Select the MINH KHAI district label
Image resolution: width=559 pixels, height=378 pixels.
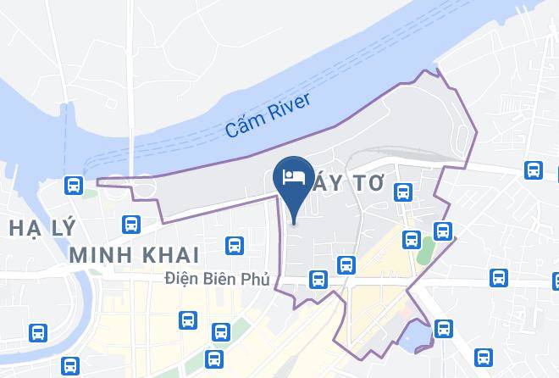click(x=134, y=254)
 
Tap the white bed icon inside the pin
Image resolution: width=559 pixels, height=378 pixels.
click(x=293, y=176)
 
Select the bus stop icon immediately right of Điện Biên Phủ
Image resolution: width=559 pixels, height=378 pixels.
click(x=318, y=277)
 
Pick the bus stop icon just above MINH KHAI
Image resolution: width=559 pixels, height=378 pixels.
click(x=131, y=224)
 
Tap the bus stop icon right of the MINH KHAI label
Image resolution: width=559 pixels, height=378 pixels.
click(x=235, y=246)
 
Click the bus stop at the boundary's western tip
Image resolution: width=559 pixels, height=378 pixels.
click(x=74, y=184)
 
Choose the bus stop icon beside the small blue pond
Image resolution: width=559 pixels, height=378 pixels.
click(x=442, y=328)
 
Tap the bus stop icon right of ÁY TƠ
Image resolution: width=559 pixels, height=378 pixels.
click(x=404, y=194)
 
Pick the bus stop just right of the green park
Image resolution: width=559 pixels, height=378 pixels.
click(x=442, y=230)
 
